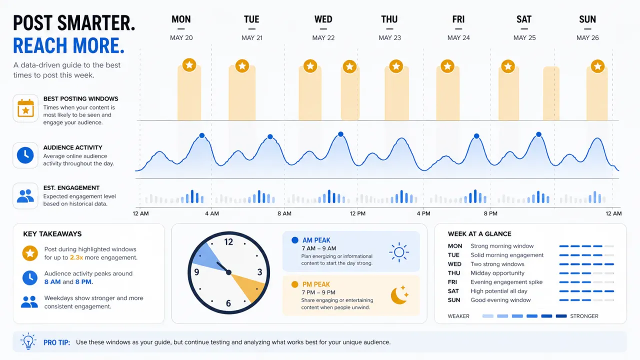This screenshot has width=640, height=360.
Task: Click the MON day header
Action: (x=181, y=19)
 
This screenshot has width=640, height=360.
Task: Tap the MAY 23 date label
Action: (x=389, y=37)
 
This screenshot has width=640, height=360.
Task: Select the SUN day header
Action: (x=587, y=19)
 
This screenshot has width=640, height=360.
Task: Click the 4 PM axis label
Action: (x=423, y=213)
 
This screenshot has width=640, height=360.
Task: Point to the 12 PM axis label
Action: (x=357, y=213)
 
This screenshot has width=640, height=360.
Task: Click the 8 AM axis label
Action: (x=284, y=213)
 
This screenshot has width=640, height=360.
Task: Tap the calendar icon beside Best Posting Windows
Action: (x=25, y=108)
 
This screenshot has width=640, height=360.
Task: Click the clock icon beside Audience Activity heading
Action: (x=25, y=155)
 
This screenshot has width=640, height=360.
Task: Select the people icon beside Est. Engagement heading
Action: (x=25, y=196)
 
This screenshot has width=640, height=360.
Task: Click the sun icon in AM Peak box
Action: (x=399, y=252)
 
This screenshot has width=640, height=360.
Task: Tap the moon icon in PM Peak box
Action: (x=399, y=295)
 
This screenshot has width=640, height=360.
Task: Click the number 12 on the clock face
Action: (x=228, y=242)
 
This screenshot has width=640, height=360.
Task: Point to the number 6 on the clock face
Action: (x=228, y=303)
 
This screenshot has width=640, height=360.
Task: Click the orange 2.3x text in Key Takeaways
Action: (x=76, y=257)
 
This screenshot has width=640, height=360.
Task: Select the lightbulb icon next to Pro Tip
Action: (x=28, y=341)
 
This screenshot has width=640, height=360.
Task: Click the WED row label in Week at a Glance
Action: (x=454, y=264)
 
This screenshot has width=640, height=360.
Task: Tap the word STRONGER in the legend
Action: (x=584, y=316)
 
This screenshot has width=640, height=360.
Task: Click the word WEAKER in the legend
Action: (x=458, y=316)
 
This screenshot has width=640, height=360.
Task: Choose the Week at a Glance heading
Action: (x=479, y=233)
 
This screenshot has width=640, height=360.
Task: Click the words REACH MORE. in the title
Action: (x=69, y=45)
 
